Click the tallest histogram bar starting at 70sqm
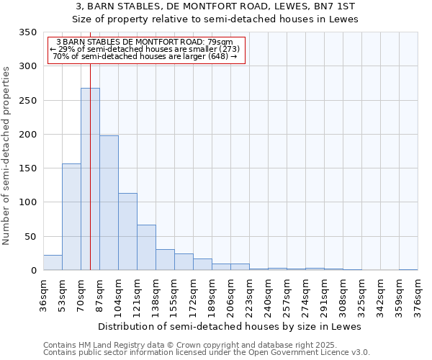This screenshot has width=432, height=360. click(x=90, y=179)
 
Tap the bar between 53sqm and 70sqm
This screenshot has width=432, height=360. click(x=71, y=217)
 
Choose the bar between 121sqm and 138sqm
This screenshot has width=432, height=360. click(x=146, y=248)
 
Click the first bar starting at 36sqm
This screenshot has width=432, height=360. click(x=53, y=263)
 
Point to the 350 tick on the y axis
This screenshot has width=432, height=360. click(x=27, y=32)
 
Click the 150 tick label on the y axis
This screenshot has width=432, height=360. click(x=27, y=168)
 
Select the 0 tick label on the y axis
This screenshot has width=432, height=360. click(x=33, y=271)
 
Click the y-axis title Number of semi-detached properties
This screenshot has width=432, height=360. click(x=7, y=156)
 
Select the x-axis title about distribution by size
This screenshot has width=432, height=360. click(x=230, y=326)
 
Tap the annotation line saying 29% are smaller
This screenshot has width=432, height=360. click(x=146, y=49)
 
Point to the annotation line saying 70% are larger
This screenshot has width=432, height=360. click(x=145, y=56)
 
